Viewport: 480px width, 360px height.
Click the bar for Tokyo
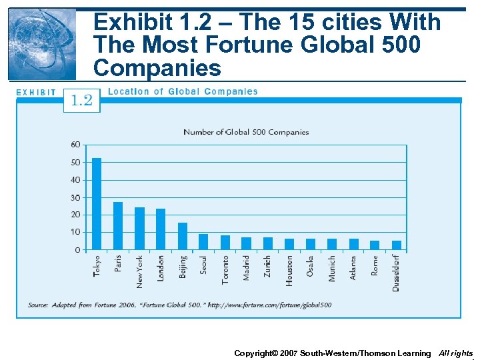97,204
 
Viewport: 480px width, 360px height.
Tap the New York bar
139,229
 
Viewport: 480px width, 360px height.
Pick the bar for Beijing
182,237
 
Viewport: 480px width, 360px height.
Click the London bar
161,229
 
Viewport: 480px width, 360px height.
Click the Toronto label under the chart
225,269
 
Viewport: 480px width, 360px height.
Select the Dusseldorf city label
396,273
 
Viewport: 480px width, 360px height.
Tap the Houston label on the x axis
289,271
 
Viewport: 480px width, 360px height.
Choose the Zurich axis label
267,267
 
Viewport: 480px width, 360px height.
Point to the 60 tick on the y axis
75,145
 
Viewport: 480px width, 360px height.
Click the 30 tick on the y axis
75,197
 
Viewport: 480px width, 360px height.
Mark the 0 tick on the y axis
77,250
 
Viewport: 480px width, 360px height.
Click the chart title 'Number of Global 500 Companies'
246,132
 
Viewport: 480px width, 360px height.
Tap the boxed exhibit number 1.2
82,100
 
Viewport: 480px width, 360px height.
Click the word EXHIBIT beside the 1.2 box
36,93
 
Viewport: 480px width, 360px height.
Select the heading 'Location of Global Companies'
183,91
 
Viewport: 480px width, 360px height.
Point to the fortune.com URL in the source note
269,305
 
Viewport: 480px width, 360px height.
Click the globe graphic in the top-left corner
42,44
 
